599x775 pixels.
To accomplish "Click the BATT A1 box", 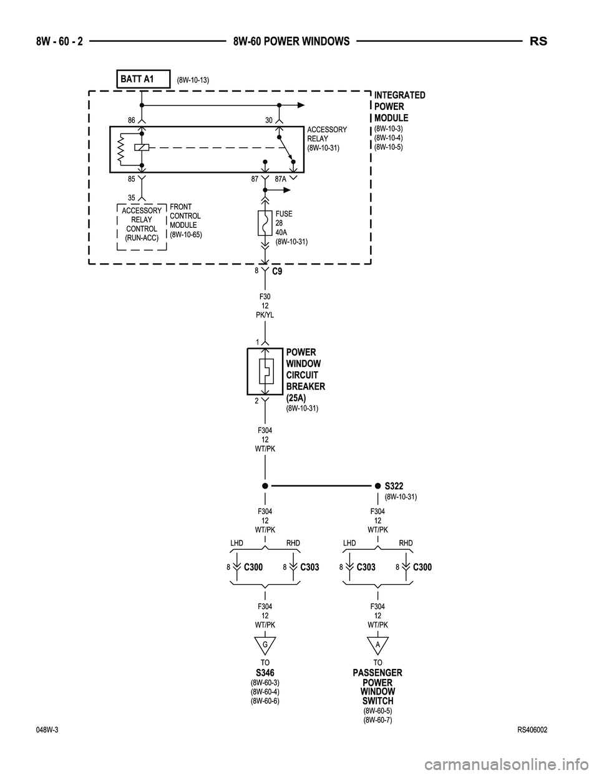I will click(x=143, y=79).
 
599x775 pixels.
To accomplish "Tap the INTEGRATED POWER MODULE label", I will click(x=399, y=106).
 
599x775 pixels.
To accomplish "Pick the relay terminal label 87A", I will click(x=280, y=178).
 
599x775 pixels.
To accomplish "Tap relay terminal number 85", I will click(x=132, y=178).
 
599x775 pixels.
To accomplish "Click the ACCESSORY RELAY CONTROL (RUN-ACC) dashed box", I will click(x=142, y=224).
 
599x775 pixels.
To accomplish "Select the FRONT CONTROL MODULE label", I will click(x=185, y=220).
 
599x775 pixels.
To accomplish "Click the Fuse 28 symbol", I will click(x=265, y=223).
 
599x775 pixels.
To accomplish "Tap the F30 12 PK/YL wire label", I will click(x=265, y=306).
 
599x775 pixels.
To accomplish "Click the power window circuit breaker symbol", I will click(x=265, y=372).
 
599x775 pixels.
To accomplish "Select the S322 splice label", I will click(x=394, y=485).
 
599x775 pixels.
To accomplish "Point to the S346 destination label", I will click(x=265, y=672).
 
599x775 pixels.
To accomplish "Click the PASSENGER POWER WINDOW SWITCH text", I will click(x=377, y=686).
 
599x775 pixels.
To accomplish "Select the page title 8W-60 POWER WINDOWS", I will click(x=291, y=41).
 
